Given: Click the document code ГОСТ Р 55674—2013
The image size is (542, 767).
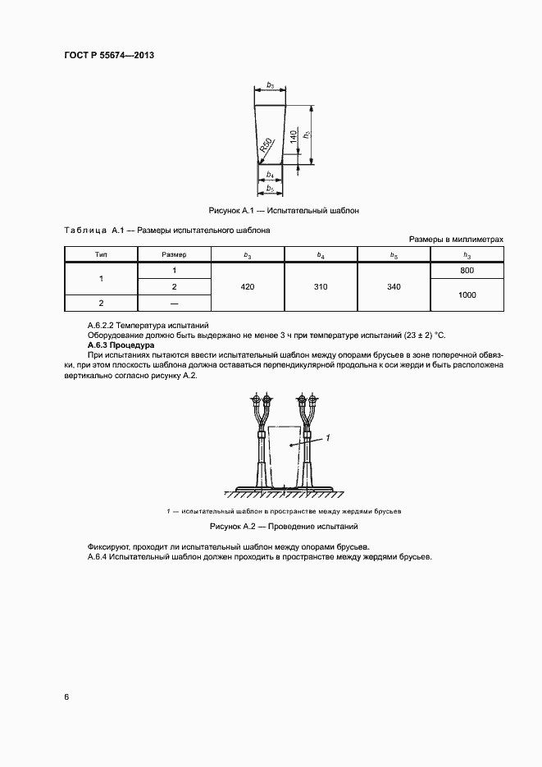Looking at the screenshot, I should click(109, 55).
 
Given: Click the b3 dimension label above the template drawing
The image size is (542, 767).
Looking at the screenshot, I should click(271, 84).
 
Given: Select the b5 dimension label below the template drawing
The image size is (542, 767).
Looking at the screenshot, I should click(271, 189).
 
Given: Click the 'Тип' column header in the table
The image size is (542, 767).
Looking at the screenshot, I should click(101, 255).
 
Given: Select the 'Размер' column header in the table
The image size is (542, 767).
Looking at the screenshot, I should click(174, 255).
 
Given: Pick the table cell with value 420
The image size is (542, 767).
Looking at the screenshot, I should click(248, 286).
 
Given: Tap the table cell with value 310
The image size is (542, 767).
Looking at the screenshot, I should click(320, 286).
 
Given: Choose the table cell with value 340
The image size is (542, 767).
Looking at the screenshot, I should click(394, 286).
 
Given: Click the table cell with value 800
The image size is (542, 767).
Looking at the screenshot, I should click(467, 271).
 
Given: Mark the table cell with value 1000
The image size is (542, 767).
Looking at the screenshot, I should click(467, 294).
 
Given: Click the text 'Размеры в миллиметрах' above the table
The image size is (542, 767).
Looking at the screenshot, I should click(456, 239).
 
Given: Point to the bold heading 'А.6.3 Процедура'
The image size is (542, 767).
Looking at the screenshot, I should click(115, 345).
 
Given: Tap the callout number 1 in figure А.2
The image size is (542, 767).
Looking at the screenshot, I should click(327, 439).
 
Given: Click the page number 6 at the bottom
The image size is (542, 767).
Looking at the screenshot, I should click(66, 696).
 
